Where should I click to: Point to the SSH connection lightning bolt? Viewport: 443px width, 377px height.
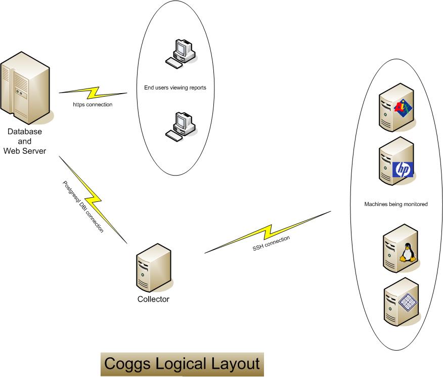coord(268,232)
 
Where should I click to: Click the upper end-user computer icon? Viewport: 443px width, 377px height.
coord(180,52)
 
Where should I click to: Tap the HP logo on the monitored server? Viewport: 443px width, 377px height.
coord(403,170)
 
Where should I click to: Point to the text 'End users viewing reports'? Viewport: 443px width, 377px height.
coord(175,88)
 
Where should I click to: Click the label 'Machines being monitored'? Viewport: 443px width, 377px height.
coord(396,204)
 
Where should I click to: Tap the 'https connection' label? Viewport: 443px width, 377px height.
coord(93,105)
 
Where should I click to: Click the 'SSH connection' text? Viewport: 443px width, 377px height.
coord(271,242)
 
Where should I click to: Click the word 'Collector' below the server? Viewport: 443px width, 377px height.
coord(153,299)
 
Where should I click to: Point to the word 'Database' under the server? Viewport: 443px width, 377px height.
coord(25,132)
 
